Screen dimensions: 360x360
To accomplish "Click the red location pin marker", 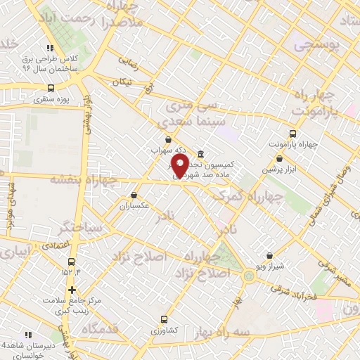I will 180,167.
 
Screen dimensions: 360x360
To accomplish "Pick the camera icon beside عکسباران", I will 134,195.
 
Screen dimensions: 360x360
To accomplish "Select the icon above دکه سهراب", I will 167,141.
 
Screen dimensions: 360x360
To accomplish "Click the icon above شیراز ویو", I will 271,256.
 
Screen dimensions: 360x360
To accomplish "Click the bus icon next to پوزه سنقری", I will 50,89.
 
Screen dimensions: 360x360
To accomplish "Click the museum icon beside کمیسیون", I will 200,154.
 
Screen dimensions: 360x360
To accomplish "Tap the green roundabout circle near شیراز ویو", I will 249,276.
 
